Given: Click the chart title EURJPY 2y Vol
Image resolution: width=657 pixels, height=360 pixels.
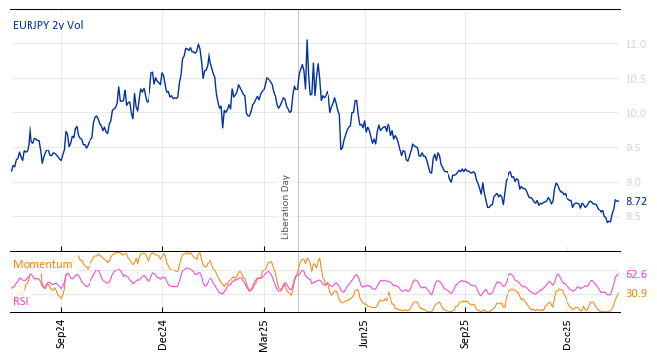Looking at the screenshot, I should (47, 25).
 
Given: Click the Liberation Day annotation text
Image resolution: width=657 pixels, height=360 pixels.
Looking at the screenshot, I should (286, 207).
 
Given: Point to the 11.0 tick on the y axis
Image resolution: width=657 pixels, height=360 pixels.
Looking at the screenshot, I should (635, 44).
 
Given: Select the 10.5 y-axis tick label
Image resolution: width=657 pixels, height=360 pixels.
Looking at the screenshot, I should (635, 79).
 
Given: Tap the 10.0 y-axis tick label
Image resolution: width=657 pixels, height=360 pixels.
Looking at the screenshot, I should (635, 113).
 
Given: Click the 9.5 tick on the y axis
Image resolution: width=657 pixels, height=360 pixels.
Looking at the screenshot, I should (637, 148).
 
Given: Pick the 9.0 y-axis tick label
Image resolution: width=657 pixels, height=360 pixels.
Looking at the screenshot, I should (637, 182).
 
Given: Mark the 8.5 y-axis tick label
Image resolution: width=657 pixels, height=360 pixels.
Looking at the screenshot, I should (637, 216).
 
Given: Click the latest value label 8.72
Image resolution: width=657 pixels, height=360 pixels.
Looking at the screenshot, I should (636, 201).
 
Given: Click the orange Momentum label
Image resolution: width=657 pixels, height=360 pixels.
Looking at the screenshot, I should (42, 264).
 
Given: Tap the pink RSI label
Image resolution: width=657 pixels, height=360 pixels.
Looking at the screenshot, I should (21, 301).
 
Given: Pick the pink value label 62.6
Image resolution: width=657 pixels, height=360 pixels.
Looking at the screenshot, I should (636, 275).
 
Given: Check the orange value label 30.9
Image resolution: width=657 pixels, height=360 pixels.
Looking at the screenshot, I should (636, 293).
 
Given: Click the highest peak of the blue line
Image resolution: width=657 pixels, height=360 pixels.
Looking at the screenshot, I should (307, 40).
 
